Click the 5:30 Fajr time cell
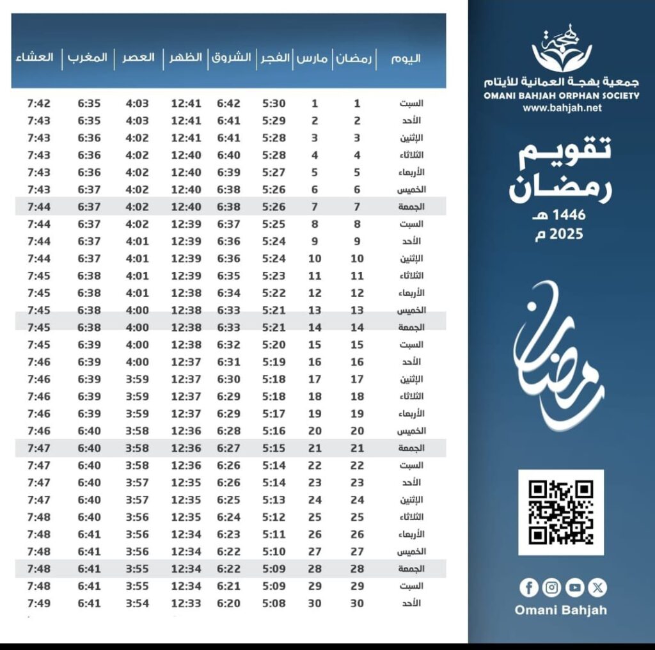(274, 104)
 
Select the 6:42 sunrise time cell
(228, 104)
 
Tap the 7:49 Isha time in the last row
(39, 603)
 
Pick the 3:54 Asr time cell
(138, 603)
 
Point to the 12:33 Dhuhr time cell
(185, 603)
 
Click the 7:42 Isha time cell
(39, 104)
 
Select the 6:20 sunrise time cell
(228, 603)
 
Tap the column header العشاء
(35, 58)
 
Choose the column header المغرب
(87, 58)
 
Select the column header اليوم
(406, 58)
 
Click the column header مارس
(313, 58)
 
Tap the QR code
(561, 512)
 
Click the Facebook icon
(528, 587)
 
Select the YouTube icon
(574, 587)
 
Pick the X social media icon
(597, 587)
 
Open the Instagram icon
(551, 587)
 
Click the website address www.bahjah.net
(562, 108)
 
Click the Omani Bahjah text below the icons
(560, 610)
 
